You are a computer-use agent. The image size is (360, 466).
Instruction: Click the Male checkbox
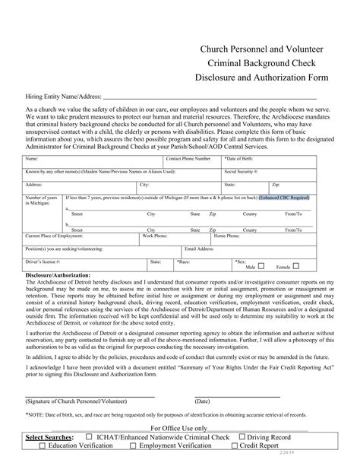tap(262, 267)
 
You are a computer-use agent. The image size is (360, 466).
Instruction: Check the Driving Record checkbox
tap(242, 438)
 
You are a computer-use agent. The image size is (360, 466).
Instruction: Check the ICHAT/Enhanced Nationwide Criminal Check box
tap(90, 438)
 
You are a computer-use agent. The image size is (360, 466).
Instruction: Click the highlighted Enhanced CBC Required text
tap(284, 197)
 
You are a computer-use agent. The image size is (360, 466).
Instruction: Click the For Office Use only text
tap(179, 429)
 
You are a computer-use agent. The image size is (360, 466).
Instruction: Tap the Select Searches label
tap(50, 438)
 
